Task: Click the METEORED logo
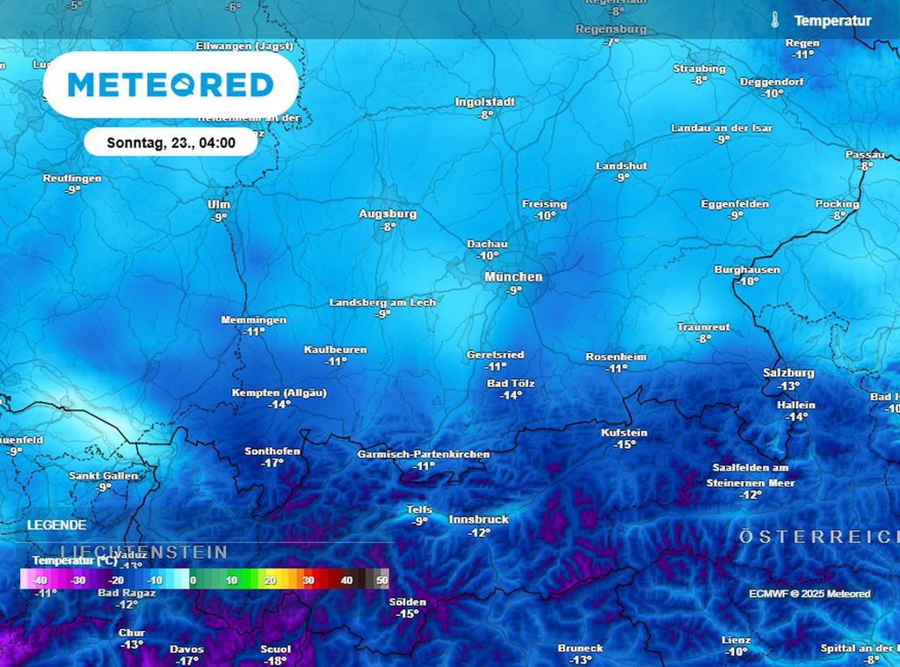pyautogui.click(x=171, y=85)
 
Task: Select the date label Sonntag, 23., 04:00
pyautogui.click(x=171, y=143)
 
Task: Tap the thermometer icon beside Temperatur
pyautogui.click(x=774, y=20)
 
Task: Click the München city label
pyautogui.click(x=513, y=276)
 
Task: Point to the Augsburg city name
pyautogui.click(x=388, y=214)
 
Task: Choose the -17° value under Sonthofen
pyautogui.click(x=272, y=463)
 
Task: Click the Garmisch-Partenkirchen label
pyautogui.click(x=424, y=454)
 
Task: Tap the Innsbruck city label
pyautogui.click(x=479, y=519)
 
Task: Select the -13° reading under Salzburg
pyautogui.click(x=788, y=385)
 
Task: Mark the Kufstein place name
pyautogui.click(x=624, y=433)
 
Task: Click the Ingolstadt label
pyautogui.click(x=485, y=102)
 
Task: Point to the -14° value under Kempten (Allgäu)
pyautogui.click(x=279, y=405)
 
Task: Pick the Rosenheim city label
pyautogui.click(x=616, y=356)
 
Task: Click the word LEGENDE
pyautogui.click(x=57, y=525)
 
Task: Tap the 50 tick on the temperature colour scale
pyautogui.click(x=381, y=581)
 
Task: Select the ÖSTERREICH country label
pyautogui.click(x=817, y=536)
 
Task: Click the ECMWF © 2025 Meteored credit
pyautogui.click(x=809, y=594)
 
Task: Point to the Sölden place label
pyautogui.click(x=407, y=602)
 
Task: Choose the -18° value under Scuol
pyautogui.click(x=275, y=661)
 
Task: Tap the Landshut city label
pyautogui.click(x=621, y=165)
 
